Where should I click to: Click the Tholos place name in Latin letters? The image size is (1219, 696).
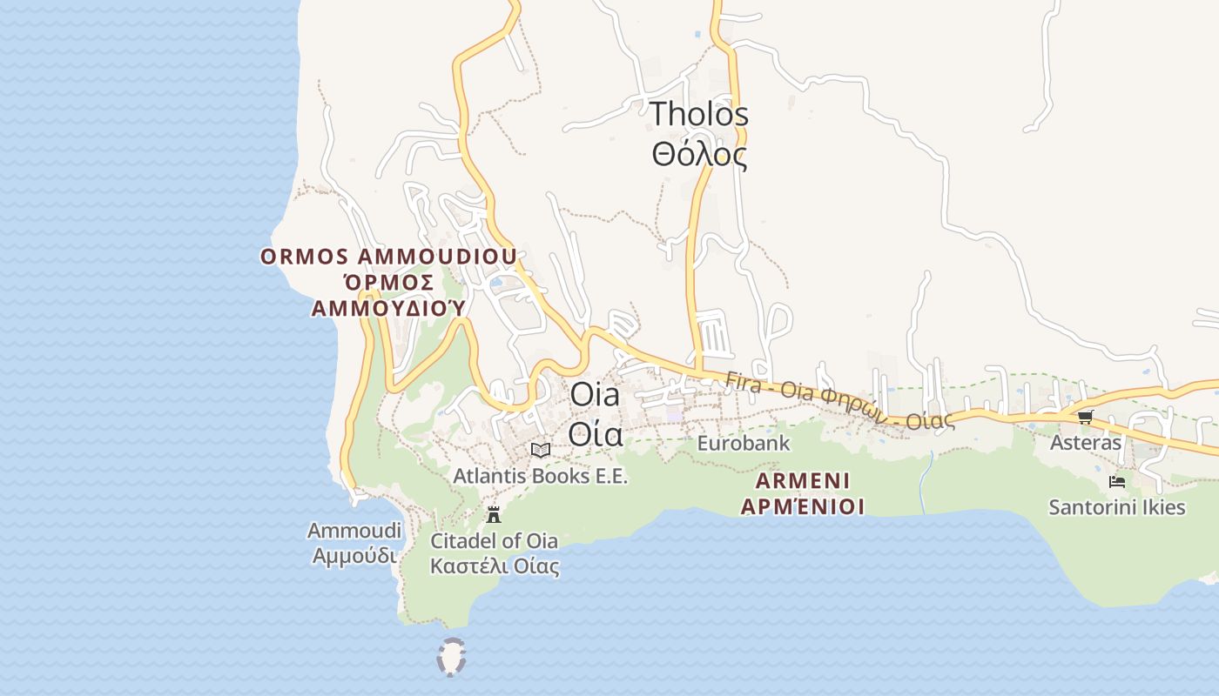698,114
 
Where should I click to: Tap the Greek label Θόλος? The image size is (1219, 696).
698,155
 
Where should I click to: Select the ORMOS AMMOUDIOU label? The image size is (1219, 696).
388,257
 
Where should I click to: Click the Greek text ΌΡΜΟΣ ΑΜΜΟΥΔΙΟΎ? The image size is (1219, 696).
388,295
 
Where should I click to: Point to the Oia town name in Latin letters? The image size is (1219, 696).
595,394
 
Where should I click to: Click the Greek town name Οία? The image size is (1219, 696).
595,432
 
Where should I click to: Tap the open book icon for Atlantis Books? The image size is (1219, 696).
541,450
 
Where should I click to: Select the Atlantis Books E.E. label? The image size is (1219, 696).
540,476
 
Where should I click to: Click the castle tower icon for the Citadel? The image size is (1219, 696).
494,514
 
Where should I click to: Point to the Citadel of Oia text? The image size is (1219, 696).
494,540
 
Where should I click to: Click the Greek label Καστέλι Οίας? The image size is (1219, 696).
494,566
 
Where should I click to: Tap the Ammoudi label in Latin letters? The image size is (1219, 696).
354,531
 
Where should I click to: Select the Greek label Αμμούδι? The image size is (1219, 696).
354,555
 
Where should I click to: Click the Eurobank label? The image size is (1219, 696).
743,443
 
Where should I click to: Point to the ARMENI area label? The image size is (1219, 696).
803,481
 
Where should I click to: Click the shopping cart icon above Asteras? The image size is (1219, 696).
1085,418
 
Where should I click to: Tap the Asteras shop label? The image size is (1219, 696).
1085,442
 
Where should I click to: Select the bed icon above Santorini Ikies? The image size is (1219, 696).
1117,481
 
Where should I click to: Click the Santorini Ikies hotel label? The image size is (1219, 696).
1117,506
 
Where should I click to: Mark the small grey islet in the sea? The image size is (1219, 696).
451,658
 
